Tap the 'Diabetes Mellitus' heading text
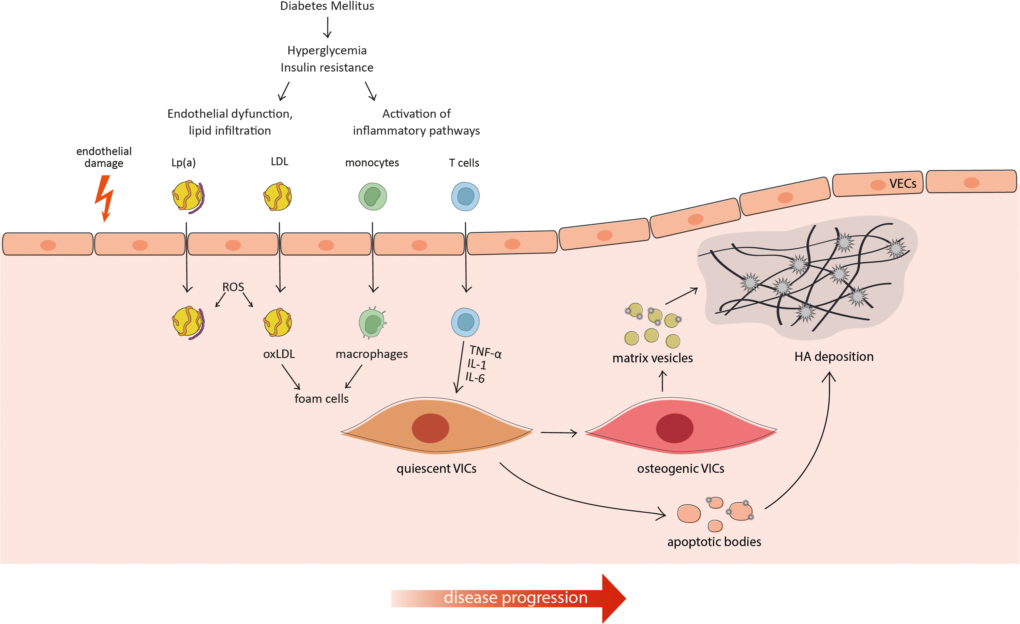[x=327, y=6]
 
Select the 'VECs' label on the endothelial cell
[x=902, y=184]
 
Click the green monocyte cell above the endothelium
[x=373, y=197]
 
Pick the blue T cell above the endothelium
[x=465, y=197]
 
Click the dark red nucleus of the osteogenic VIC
[x=674, y=428]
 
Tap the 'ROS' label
[x=233, y=287]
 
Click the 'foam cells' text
[x=321, y=399]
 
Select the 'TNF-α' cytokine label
[x=485, y=352]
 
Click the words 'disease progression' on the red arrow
[x=515, y=598]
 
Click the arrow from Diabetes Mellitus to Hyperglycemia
[x=327, y=27]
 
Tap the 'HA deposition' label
[x=834, y=357]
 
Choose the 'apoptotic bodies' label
[x=714, y=542]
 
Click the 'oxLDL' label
[x=279, y=354]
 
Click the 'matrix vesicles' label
[x=652, y=358]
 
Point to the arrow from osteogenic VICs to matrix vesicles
[x=663, y=381]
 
